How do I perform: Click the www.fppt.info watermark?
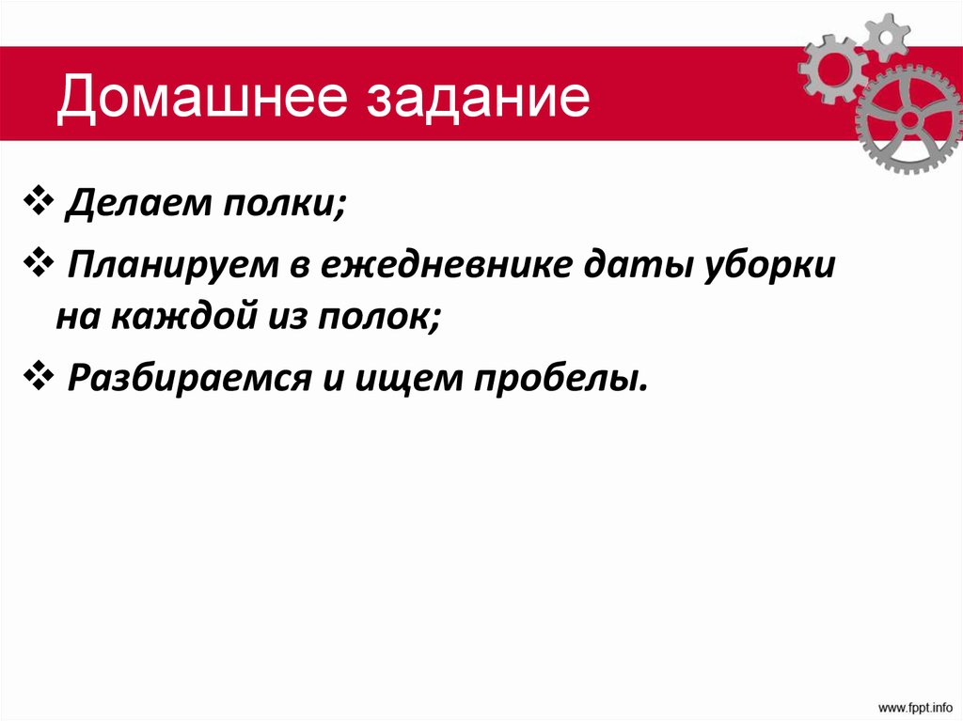click(916, 705)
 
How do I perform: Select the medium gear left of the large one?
click(829, 68)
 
